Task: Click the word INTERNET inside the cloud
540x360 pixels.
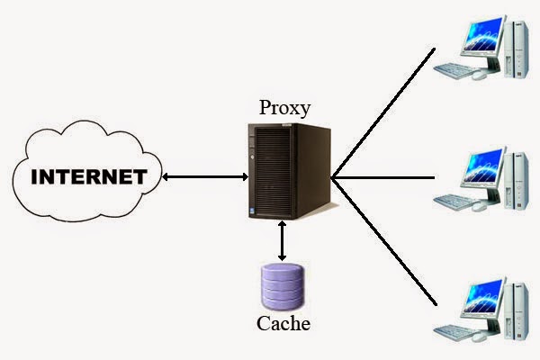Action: tap(89, 176)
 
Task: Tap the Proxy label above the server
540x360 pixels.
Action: tap(284, 108)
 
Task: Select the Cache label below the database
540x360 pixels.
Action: tap(283, 323)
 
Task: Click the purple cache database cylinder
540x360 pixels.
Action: tap(283, 286)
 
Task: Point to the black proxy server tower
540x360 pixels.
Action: tap(289, 171)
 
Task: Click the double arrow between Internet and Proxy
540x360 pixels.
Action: tap(205, 177)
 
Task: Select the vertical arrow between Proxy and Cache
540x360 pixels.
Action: tap(282, 241)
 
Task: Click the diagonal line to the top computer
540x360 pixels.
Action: tap(383, 113)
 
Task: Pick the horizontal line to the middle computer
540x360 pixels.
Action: tap(383, 178)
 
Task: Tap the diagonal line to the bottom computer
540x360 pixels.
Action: tap(384, 241)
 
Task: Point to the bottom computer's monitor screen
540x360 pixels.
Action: tap(482, 296)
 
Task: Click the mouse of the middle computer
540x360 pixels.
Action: tap(480, 207)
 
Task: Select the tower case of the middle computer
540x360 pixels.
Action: tap(516, 179)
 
